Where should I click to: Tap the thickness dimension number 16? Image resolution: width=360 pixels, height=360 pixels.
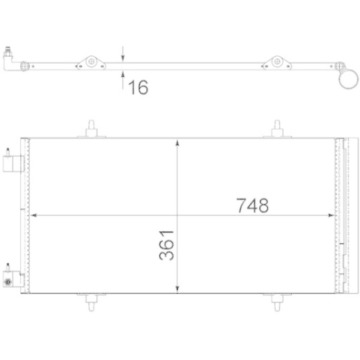pyautogui.click(x=138, y=88)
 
